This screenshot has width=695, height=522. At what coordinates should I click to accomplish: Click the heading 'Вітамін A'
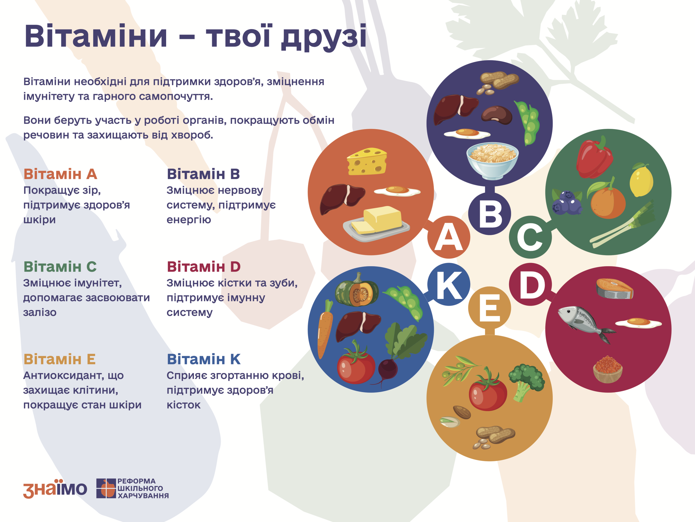(60, 174)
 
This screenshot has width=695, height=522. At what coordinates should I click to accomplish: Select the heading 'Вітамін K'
(204, 359)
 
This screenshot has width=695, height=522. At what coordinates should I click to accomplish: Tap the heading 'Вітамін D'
(204, 266)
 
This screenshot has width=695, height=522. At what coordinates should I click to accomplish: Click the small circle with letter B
(489, 214)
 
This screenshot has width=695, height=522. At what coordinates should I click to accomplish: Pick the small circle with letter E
(489, 308)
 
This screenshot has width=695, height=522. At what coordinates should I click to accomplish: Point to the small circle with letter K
(449, 284)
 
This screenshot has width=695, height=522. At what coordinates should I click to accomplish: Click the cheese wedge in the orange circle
(367, 161)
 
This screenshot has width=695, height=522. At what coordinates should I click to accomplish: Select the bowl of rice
(492, 161)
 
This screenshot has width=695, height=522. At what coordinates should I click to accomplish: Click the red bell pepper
(594, 158)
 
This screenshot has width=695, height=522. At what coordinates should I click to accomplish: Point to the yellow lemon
(641, 180)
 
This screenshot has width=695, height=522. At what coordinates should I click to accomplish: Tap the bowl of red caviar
(608, 369)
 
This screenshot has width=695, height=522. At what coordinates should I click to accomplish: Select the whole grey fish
(587, 324)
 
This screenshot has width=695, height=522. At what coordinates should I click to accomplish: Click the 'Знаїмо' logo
(55, 489)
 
